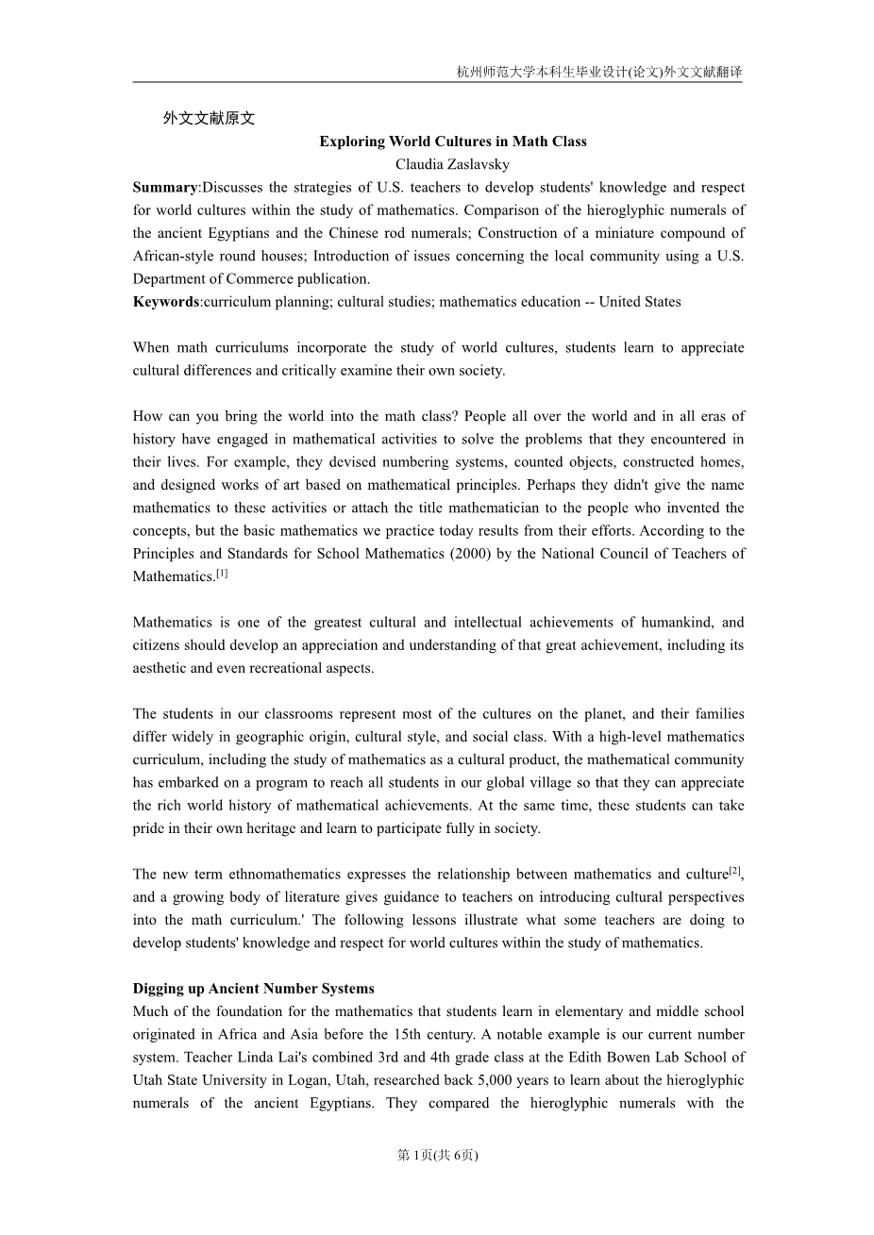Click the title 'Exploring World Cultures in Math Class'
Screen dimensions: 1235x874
click(x=452, y=142)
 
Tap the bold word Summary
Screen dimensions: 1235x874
click(x=165, y=187)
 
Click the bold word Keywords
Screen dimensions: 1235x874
click(x=166, y=302)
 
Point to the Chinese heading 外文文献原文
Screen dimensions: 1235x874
click(x=209, y=119)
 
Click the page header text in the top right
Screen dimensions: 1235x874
click(x=598, y=72)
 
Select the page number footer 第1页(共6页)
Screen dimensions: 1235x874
click(x=438, y=1155)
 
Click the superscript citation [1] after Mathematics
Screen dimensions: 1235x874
click(x=222, y=573)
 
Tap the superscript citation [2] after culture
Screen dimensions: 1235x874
click(x=735, y=871)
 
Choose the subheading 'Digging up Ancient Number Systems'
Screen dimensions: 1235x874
click(x=253, y=989)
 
